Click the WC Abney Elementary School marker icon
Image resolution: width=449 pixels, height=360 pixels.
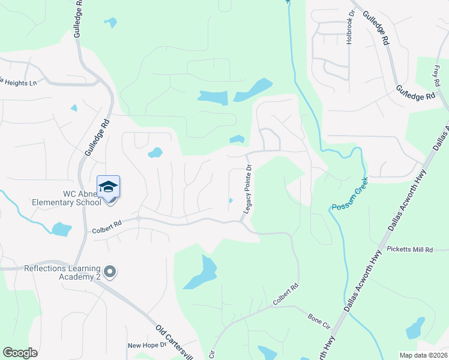[108, 188]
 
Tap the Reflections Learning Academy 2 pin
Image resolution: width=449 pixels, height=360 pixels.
[109, 272]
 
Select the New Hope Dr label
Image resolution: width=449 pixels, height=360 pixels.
[146, 346]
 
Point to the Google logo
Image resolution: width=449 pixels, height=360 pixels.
[20, 353]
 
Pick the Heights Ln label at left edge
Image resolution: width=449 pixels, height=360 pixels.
[18, 82]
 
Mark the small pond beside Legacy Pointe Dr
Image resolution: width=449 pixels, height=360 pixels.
[231, 200]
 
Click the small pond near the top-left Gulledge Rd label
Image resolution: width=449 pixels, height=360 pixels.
[110, 23]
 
